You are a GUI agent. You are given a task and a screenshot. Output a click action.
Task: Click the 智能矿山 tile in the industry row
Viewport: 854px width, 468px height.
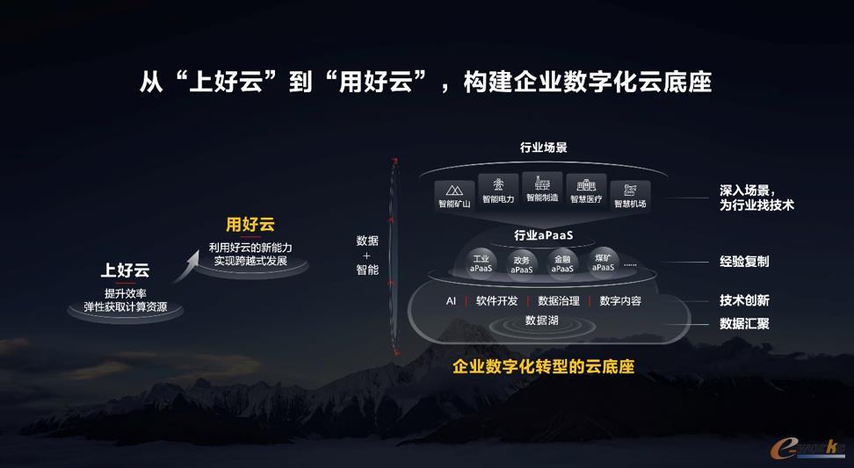(454, 195)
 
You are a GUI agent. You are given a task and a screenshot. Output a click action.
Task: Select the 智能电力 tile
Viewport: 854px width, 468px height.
(498, 190)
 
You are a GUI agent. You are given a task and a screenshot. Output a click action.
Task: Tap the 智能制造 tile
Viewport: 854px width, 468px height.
(542, 188)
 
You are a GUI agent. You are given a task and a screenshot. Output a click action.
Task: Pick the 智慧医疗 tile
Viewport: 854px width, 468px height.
(586, 191)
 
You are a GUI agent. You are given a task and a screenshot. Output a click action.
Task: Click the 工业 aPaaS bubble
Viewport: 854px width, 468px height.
(481, 263)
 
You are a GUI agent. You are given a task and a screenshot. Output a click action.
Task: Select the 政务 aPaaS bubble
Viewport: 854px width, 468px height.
(522, 265)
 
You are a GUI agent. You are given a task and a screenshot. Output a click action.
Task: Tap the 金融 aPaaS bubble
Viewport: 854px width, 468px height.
(562, 264)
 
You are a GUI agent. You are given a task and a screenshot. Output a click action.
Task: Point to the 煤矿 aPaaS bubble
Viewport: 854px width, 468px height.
(603, 263)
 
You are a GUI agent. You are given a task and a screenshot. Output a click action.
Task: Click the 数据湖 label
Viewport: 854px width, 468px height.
(541, 320)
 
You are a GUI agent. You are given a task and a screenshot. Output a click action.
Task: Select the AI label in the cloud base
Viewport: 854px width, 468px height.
(451, 301)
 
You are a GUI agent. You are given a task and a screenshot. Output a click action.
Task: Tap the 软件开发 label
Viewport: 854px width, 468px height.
(496, 301)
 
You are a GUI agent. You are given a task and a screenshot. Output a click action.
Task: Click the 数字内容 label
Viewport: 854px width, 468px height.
(620, 301)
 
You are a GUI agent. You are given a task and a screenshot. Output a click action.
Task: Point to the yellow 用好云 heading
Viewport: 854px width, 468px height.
(250, 224)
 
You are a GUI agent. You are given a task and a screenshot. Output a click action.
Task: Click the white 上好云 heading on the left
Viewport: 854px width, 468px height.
(125, 270)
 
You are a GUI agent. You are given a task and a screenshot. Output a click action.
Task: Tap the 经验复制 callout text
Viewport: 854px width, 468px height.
(744, 261)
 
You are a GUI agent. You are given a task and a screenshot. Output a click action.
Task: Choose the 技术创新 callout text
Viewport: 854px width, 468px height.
(744, 299)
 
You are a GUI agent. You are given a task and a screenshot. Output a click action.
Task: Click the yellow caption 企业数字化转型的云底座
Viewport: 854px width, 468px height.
(544, 367)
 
